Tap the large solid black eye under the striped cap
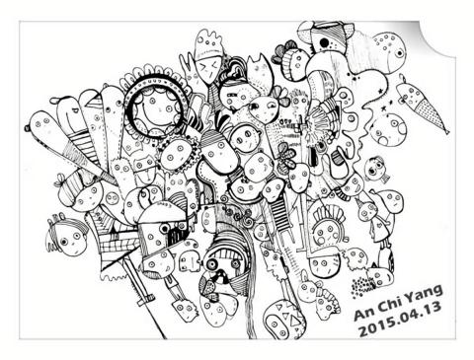click(x=325, y=42)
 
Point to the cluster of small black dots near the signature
click(x=361, y=285)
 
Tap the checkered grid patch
click(x=117, y=244)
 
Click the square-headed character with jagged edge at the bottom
click(x=183, y=309)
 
